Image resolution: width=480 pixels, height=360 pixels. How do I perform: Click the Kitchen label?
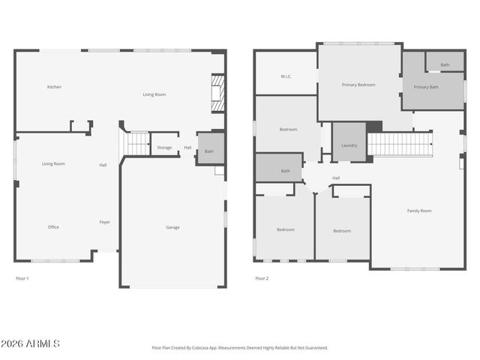pos(54,87)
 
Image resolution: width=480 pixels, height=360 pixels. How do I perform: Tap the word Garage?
pos(172,227)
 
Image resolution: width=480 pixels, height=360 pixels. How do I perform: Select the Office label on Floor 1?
pos(53,227)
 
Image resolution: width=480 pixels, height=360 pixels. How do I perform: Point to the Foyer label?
pos(105,222)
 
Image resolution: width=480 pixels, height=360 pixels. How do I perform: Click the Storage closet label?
pos(164,148)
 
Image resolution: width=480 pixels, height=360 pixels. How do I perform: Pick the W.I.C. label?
pos(286,76)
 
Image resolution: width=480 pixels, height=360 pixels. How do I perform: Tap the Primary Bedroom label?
pos(358,85)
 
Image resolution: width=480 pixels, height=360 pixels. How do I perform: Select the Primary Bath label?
pos(426,87)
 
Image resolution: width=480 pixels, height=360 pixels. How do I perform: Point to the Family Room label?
pos(419,211)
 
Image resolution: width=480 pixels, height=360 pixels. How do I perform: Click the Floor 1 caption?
pos(22,278)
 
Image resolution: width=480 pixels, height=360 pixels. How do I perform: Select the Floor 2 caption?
pos(262,278)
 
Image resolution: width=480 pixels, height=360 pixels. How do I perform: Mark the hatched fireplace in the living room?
pos(217,93)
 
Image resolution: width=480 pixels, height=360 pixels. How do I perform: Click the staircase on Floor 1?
pos(136,143)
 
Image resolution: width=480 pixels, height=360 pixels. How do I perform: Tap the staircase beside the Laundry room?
pos(399,144)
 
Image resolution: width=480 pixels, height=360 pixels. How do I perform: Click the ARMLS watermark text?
pos(31,343)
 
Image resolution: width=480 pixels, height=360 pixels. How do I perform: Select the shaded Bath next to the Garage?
pos(209,151)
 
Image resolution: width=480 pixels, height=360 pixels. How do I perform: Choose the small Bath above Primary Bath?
pos(445,65)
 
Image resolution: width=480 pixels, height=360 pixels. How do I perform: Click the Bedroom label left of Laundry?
pos(288,130)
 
